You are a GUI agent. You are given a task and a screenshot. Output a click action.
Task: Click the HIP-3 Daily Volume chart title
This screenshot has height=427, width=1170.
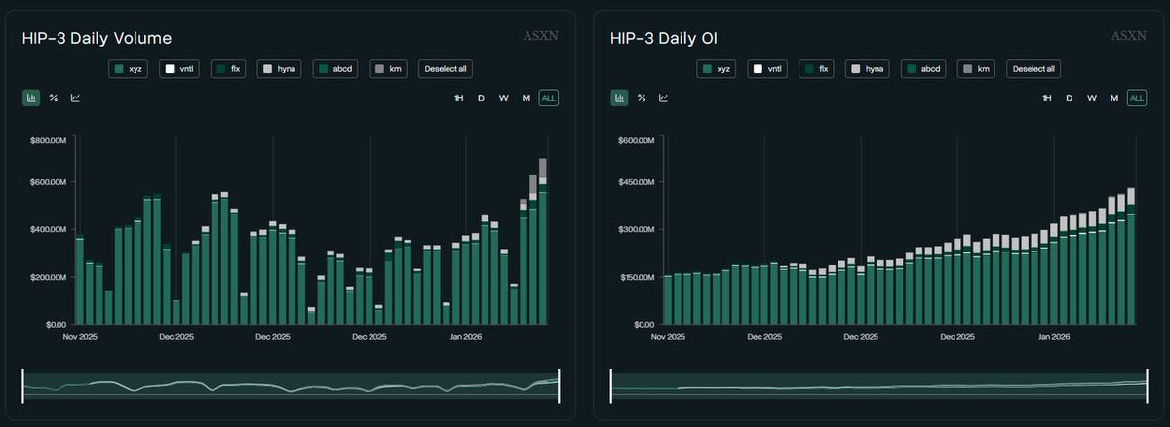[x=97, y=38]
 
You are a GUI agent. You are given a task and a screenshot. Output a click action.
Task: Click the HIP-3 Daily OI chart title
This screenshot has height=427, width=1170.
[x=670, y=38]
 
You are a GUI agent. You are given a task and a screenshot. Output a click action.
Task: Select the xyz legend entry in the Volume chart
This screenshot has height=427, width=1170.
[x=130, y=69]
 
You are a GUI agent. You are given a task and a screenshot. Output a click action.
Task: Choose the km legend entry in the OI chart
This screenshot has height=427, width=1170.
[x=978, y=69]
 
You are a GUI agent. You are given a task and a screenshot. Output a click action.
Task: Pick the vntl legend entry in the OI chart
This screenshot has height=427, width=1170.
[x=767, y=69]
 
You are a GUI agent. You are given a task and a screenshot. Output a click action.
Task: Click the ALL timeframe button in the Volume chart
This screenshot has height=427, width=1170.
[x=549, y=97]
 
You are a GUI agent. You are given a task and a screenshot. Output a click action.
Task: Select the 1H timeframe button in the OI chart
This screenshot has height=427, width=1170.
[x=1047, y=97]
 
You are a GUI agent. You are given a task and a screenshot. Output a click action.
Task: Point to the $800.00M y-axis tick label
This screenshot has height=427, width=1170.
[x=48, y=141]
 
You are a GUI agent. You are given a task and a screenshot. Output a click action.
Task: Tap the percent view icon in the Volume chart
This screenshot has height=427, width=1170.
[x=54, y=97]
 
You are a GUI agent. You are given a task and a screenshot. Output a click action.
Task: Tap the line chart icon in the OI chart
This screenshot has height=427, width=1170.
[x=663, y=97]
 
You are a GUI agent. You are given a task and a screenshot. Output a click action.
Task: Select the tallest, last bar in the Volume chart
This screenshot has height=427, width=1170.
[x=543, y=244]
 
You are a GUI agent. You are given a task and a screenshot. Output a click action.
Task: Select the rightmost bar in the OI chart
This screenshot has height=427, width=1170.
[x=1131, y=258]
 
